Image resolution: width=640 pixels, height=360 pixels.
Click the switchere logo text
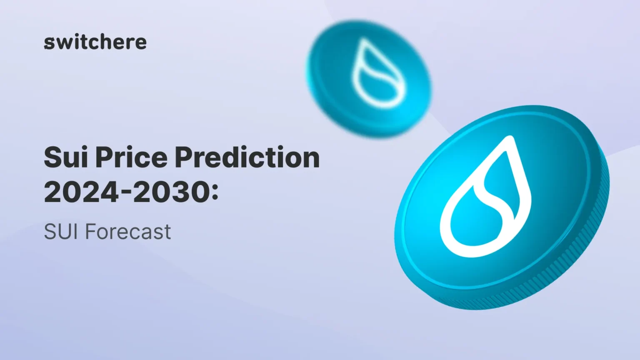pyautogui.click(x=95, y=42)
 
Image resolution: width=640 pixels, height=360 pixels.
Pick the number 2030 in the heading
pyautogui.click(x=171, y=192)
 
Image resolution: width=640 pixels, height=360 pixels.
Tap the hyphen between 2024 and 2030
pyautogui.click(x=125, y=194)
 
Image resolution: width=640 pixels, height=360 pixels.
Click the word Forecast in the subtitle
pyautogui.click(x=128, y=232)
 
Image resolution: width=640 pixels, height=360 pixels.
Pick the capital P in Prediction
pyautogui.click(x=184, y=157)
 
